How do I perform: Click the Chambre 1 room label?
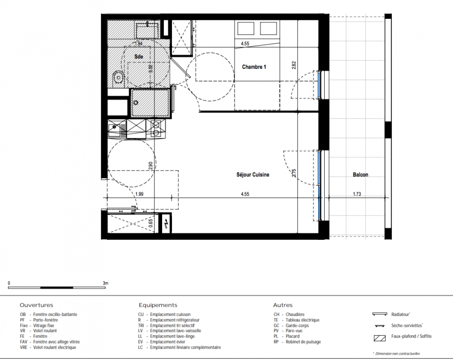tap(254, 67)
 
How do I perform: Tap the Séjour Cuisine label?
tap(253, 175)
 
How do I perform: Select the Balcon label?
tap(360, 175)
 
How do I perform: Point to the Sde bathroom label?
tap(139, 57)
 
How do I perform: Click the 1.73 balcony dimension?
tap(357, 194)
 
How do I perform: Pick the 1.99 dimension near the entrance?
tap(139, 194)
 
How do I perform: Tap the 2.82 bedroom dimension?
tap(294, 65)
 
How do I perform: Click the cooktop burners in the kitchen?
tap(156, 129)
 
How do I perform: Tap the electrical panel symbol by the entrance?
tap(166, 223)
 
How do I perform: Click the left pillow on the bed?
tap(245, 28)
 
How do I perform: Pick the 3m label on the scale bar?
tap(105, 283)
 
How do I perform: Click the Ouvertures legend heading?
tap(36, 305)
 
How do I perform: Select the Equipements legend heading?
tap(158, 305)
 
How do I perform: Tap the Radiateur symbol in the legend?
tap(380, 314)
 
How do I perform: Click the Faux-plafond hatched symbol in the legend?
tap(380, 338)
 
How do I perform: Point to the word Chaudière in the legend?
tap(295, 315)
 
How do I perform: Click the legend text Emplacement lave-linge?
tap(172, 336)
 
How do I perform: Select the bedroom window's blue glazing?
tap(319, 85)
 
